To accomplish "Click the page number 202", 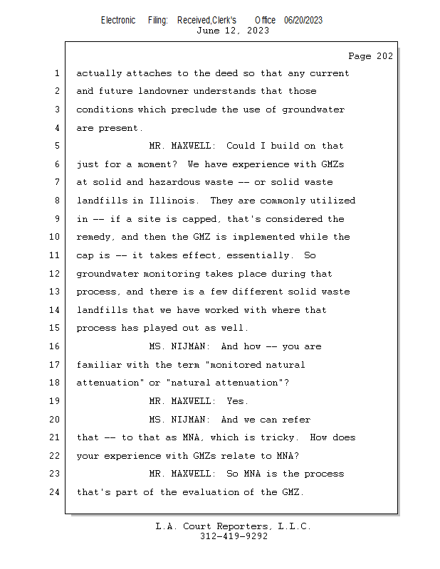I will click(384, 57).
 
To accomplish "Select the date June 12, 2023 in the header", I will click(233, 31).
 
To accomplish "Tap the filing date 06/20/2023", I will click(303, 20).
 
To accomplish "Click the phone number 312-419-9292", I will click(234, 536).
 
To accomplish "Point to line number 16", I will click(56, 346).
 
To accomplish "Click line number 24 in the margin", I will click(56, 492).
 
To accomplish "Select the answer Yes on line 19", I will click(238, 401).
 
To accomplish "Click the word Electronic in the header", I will click(118, 20).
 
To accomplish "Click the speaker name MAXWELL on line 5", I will click(193, 146).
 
